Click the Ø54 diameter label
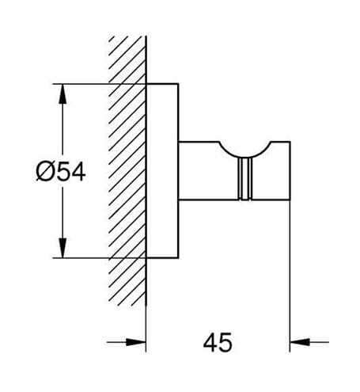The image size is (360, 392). tap(61, 171)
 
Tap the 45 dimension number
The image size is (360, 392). tap(218, 342)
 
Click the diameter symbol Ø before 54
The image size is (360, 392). tap(44, 172)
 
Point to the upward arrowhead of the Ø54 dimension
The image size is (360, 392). tap(63, 93)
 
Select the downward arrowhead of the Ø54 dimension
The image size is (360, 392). tap(63, 248)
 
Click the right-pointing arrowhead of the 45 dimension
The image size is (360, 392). tap(136, 342)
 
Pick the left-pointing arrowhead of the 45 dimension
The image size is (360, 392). tap(300, 342)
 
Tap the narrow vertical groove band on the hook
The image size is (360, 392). tap(245, 179)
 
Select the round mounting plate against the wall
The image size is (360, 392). tap(162, 170)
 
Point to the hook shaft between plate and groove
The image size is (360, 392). tap(208, 171)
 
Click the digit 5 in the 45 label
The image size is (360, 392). tap(225, 343)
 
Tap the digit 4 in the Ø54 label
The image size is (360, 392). tap(78, 172)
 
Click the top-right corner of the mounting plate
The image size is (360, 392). tap(179, 84)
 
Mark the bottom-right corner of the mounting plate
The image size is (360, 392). tap(179, 257)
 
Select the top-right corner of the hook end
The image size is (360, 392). tap(290, 142)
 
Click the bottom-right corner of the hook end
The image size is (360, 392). tap(290, 200)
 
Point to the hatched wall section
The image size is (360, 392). tap(127, 171)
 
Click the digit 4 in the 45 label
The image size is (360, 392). tap(210, 343)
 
